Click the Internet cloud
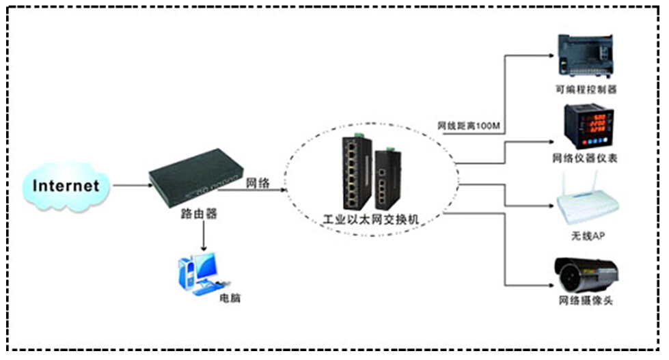pos(66,184)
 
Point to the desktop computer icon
pos(198,273)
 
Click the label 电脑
pos(230,299)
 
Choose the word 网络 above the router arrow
pos(257,183)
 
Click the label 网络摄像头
pos(585,300)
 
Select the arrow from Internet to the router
pos(131,184)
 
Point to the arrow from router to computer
pos(203,236)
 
